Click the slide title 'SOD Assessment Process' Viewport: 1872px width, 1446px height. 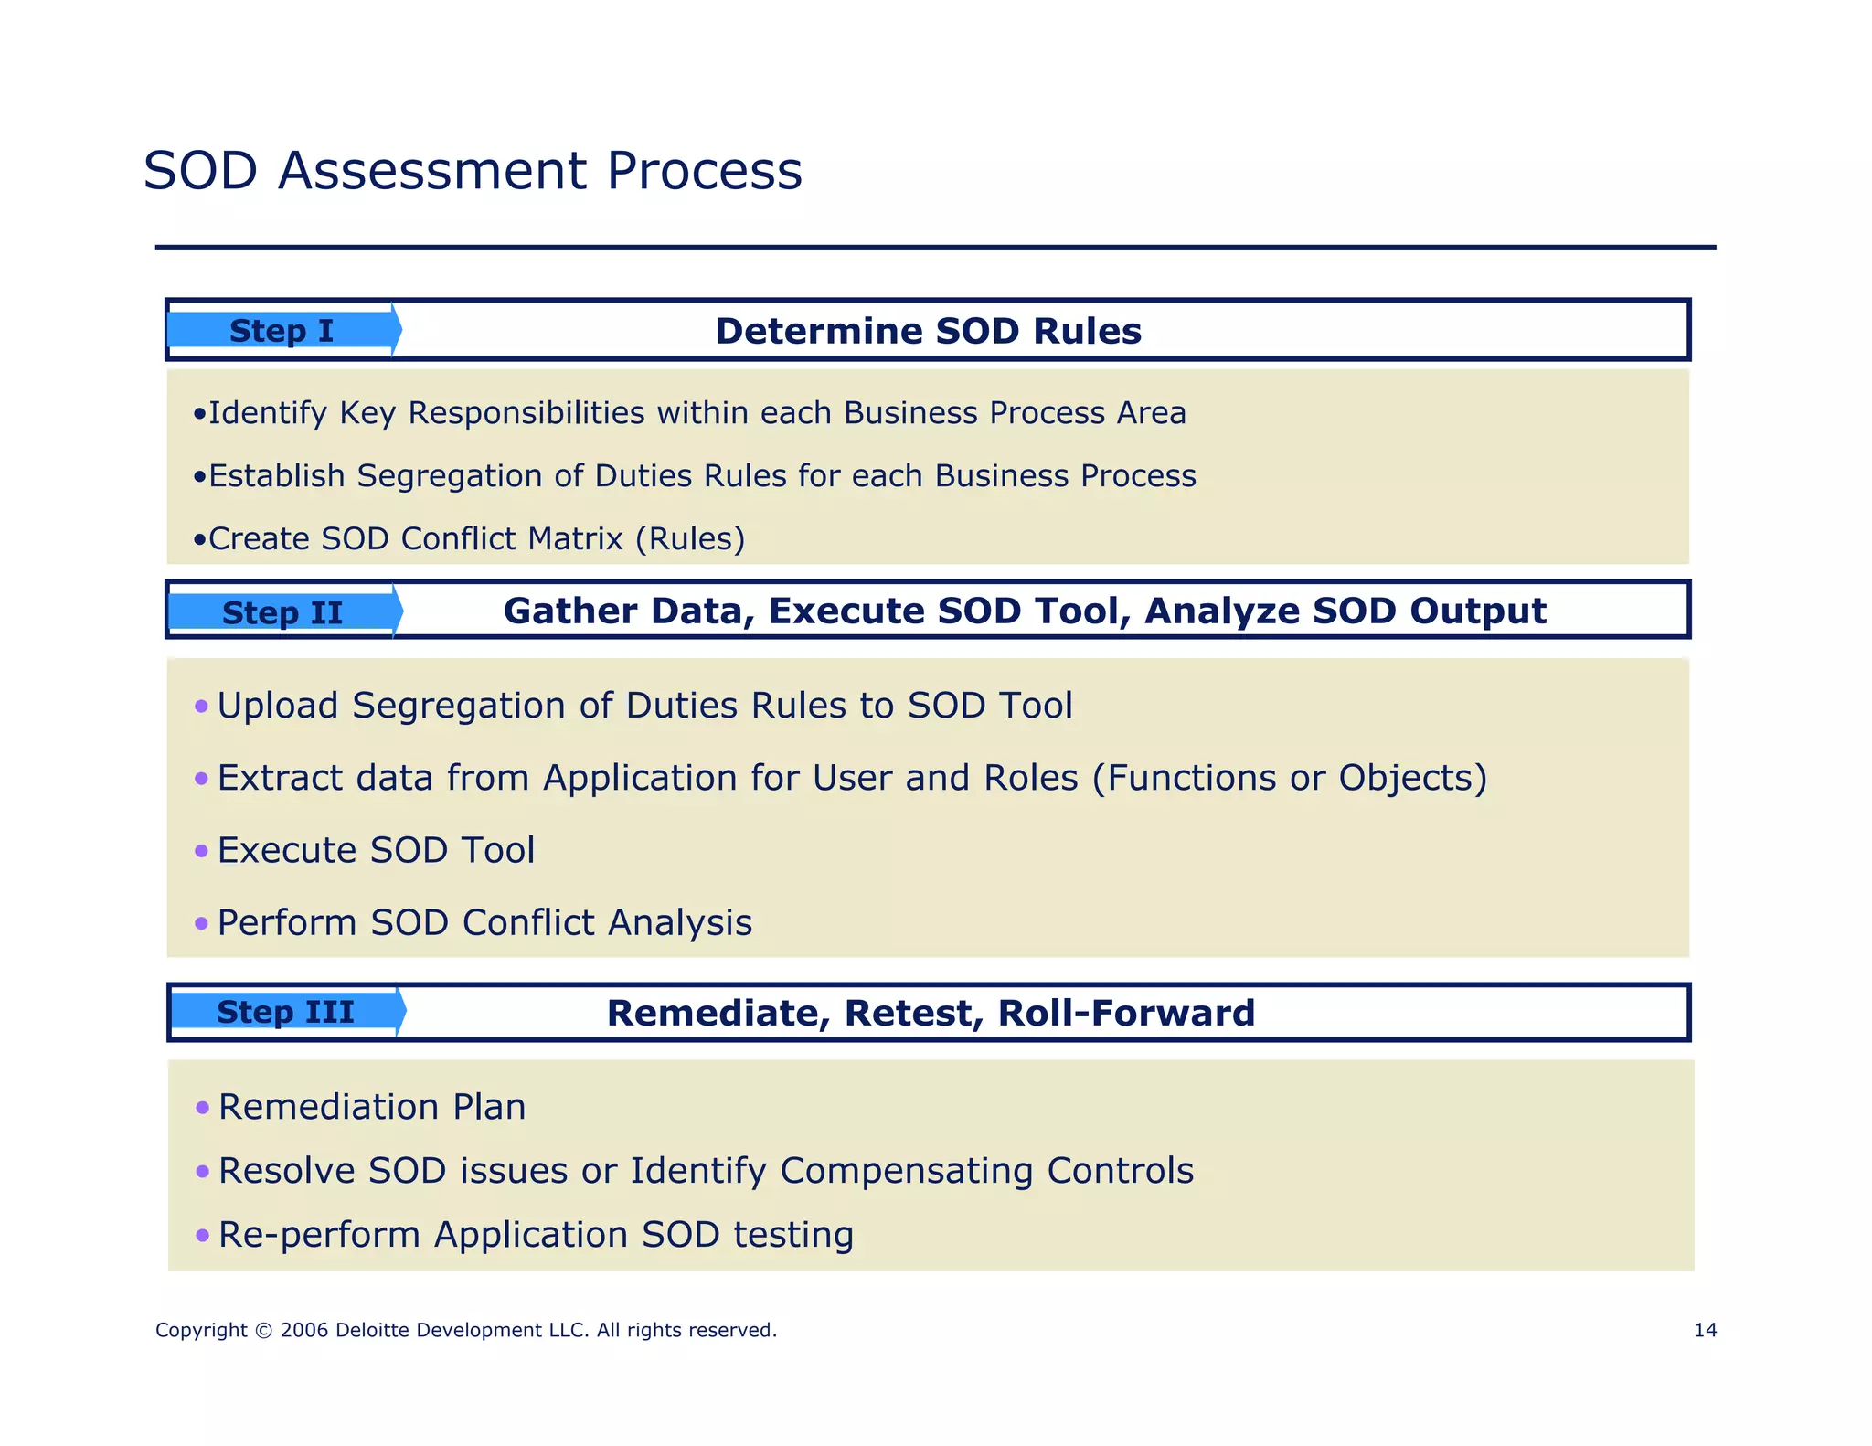pyautogui.click(x=473, y=171)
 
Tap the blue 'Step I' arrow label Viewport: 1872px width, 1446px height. pyautogui.click(x=282, y=331)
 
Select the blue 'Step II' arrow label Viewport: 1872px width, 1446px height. pyautogui.click(x=282, y=612)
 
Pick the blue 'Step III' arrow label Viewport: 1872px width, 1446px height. pyautogui.click(x=285, y=1012)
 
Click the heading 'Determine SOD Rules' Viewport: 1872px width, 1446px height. pyautogui.click(x=928, y=331)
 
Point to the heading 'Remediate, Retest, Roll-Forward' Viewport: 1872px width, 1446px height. pyautogui.click(x=931, y=1013)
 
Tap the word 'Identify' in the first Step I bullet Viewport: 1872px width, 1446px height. pyautogui.click(x=267, y=413)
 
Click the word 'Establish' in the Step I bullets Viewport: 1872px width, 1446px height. pyautogui.click(x=277, y=476)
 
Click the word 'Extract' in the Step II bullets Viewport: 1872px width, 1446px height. pyautogui.click(x=280, y=778)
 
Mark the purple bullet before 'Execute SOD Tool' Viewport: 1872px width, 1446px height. pyautogui.click(x=202, y=852)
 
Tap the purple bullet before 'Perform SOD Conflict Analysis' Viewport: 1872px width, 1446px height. pyautogui.click(x=202, y=924)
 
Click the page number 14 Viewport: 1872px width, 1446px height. pyautogui.click(x=1705, y=1330)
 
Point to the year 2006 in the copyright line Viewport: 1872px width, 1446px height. pyautogui.click(x=304, y=1330)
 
